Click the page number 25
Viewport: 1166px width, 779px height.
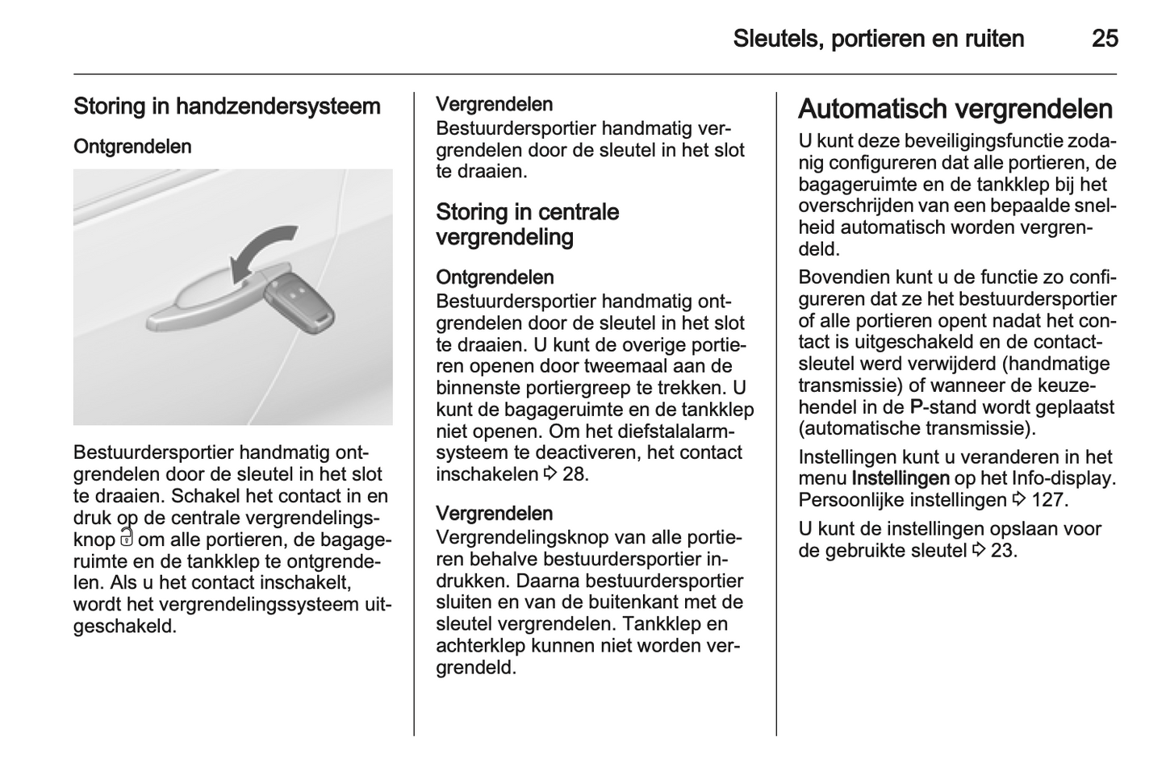1105,39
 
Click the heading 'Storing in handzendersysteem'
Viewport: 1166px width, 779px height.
227,106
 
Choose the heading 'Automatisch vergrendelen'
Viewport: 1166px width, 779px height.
955,109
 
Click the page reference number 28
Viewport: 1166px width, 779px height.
575,474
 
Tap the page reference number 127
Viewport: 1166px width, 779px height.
1048,500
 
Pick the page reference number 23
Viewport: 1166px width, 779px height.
1002,551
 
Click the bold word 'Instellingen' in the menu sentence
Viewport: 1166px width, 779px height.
900,478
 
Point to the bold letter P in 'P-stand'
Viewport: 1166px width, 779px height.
917,406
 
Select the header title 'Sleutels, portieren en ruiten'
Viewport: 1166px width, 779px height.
879,39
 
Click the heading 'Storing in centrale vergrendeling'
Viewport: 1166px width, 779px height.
527,224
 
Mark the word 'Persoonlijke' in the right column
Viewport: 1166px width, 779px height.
850,500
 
